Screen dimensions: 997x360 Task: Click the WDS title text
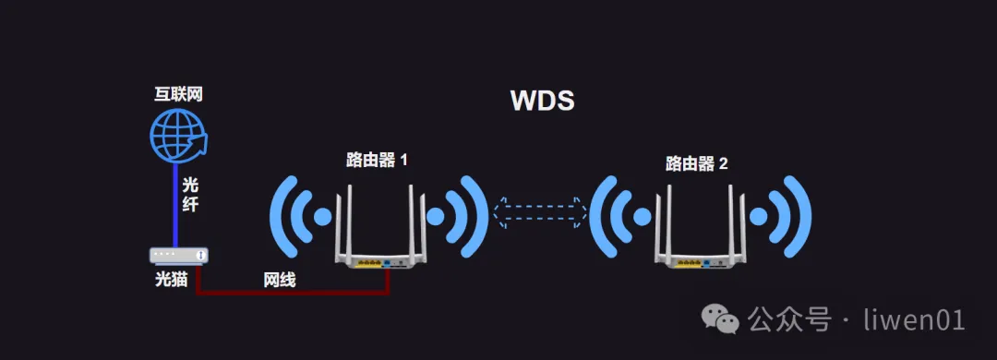543,102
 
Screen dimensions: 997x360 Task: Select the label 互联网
179,94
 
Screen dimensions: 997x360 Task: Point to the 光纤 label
190,195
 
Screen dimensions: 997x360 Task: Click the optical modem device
179,256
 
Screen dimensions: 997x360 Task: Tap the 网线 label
280,279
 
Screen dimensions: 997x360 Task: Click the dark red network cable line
293,293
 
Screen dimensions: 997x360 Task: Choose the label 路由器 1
377,161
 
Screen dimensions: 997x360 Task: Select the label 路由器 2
696,163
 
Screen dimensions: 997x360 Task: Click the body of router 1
381,255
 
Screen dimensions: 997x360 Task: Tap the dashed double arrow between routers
540,212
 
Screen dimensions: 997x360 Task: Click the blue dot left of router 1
323,217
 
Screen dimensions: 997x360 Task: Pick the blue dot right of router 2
758,217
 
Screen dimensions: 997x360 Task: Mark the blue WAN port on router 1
387,262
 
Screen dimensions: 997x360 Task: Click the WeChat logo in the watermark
720,318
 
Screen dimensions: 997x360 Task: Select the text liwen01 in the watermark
915,319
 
